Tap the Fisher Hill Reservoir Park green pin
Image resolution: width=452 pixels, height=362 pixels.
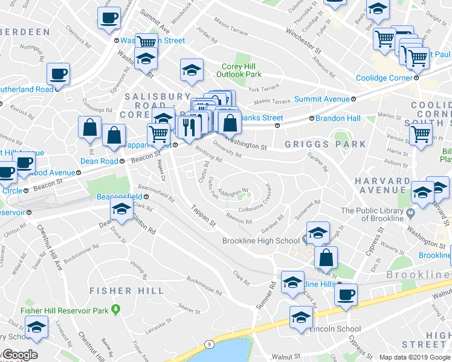click(117, 310)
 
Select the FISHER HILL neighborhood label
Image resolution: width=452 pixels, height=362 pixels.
click(126, 291)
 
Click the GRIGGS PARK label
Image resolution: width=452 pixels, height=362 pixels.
click(326, 144)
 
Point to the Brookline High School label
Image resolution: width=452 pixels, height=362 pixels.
click(261, 241)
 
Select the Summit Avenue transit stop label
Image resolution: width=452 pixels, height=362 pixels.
click(323, 99)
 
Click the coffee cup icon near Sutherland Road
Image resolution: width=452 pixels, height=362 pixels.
click(59, 75)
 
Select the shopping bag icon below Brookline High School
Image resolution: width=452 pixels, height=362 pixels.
click(325, 258)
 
